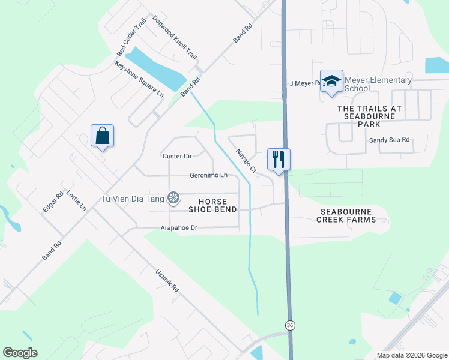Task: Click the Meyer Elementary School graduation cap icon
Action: click(331, 81)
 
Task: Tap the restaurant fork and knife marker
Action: click(279, 159)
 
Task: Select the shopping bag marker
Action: click(102, 136)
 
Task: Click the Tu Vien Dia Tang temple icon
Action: click(173, 197)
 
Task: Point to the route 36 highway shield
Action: click(291, 325)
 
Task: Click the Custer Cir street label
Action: click(177, 156)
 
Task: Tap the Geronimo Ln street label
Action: click(208, 175)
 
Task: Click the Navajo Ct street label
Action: click(246, 161)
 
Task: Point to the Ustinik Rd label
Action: click(167, 280)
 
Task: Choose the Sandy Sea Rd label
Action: click(389, 140)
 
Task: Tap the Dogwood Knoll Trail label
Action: click(175, 37)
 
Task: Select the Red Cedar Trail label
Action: click(132, 38)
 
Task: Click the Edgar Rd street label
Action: click(53, 202)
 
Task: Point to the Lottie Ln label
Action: click(77, 200)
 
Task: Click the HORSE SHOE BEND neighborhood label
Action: click(212, 205)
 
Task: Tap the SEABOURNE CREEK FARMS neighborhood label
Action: click(346, 215)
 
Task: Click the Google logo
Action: click(20, 353)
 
